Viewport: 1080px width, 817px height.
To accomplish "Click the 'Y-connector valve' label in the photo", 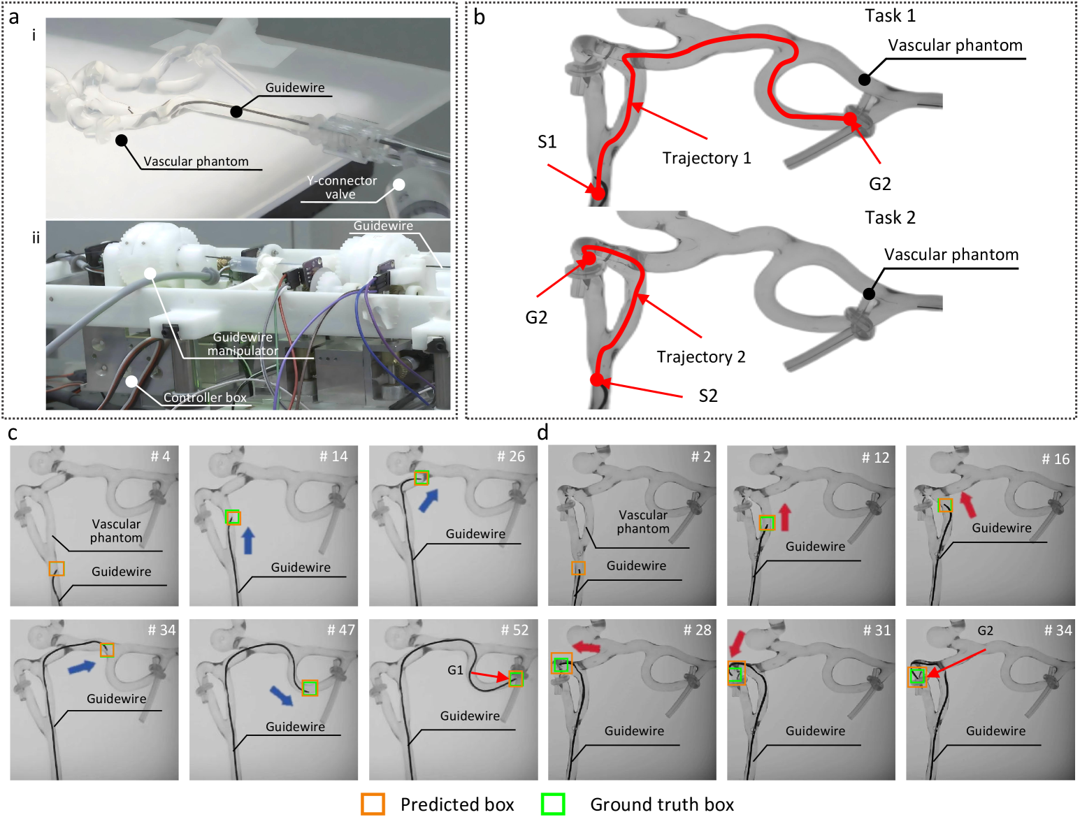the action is [341, 187].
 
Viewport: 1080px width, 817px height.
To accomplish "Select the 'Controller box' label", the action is [205, 397].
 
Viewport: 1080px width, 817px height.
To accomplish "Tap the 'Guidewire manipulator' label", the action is [243, 343].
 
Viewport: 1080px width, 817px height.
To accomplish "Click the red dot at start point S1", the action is [598, 193].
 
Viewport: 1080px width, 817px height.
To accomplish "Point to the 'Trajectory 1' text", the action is [707, 158].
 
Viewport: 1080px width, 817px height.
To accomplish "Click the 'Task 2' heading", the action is [890, 217].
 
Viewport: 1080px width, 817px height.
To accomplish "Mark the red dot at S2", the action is [597, 379].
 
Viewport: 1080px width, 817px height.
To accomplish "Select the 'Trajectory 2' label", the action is [701, 356].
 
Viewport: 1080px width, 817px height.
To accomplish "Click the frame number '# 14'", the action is [333, 456].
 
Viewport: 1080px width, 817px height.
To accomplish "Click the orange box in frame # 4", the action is [57, 569].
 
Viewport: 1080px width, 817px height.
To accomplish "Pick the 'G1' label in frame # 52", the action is [455, 670].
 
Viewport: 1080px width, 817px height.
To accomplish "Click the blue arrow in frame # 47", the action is [282, 695].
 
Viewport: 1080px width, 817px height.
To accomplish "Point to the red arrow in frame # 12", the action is [785, 517].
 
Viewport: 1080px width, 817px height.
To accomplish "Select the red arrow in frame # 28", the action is [586, 646].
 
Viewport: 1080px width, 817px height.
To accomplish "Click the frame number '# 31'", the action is [877, 630].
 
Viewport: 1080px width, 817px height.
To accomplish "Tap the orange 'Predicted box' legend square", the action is [373, 804].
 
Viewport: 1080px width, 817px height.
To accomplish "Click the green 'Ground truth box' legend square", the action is [552, 804].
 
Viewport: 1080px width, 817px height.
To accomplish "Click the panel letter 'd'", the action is [542, 433].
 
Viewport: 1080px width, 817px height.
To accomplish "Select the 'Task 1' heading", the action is [890, 16].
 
